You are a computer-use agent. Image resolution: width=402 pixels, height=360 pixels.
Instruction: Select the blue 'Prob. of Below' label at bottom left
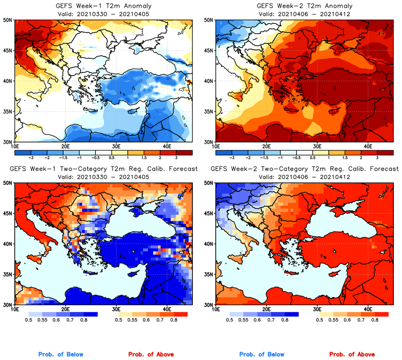(60, 355)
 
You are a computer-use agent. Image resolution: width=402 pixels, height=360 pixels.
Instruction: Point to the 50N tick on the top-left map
(8, 20)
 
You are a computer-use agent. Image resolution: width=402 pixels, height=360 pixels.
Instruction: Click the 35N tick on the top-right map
(209, 111)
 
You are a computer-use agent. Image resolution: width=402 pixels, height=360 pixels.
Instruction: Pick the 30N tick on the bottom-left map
(8, 305)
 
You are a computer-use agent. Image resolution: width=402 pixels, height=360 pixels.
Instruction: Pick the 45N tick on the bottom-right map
(209, 213)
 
